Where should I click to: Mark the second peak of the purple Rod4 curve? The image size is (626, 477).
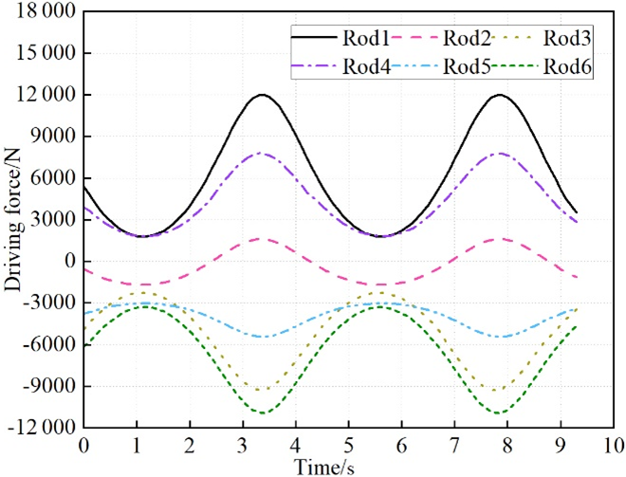point(499,154)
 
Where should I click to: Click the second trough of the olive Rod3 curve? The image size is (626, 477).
point(499,390)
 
